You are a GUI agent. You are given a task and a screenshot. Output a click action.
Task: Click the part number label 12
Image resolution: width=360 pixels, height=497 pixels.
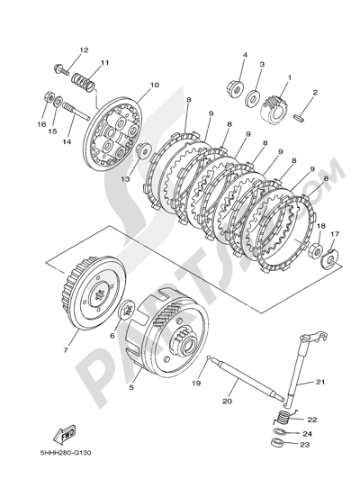[x=84, y=50]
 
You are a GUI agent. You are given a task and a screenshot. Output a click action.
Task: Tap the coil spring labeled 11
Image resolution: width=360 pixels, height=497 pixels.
[x=83, y=82]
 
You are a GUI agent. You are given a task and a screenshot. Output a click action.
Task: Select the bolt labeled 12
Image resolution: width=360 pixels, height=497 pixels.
[x=61, y=69]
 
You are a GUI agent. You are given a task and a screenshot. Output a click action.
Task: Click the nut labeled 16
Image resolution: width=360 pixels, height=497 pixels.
[x=48, y=95]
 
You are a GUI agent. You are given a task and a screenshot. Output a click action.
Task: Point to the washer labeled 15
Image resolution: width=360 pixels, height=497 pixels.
[x=58, y=103]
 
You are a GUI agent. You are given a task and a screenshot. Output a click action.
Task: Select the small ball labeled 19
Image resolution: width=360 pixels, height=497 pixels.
[x=207, y=357]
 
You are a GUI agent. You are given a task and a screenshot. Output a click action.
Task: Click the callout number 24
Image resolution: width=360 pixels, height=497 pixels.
[x=307, y=434]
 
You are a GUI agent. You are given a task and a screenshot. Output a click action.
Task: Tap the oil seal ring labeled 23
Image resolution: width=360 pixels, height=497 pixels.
[x=276, y=442]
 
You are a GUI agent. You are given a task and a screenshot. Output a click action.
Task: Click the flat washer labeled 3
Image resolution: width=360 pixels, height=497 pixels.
[x=253, y=98]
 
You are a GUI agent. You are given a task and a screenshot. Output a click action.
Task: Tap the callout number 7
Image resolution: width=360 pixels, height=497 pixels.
[x=66, y=349]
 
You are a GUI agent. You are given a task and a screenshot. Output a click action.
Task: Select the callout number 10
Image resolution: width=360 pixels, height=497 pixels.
[x=155, y=85]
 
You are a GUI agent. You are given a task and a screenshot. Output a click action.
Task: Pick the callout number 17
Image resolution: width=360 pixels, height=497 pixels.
[x=326, y=234]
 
